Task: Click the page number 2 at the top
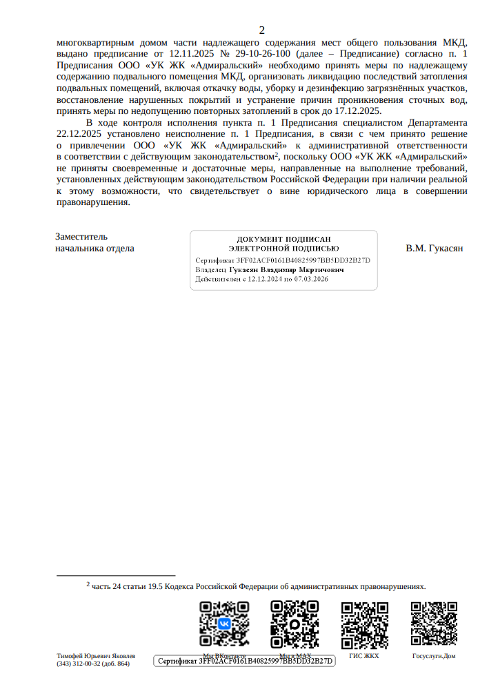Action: [261, 30]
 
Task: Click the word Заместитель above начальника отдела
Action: [81, 236]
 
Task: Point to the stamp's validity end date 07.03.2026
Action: [311, 280]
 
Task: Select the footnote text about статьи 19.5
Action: [259, 586]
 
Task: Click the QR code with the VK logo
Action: [224, 623]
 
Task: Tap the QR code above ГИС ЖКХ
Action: [365, 623]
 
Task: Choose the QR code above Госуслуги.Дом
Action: [434, 623]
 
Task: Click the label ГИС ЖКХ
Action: [364, 656]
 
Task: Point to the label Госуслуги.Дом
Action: [434, 656]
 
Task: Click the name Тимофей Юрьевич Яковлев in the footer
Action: [96, 655]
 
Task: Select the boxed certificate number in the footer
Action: [246, 662]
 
